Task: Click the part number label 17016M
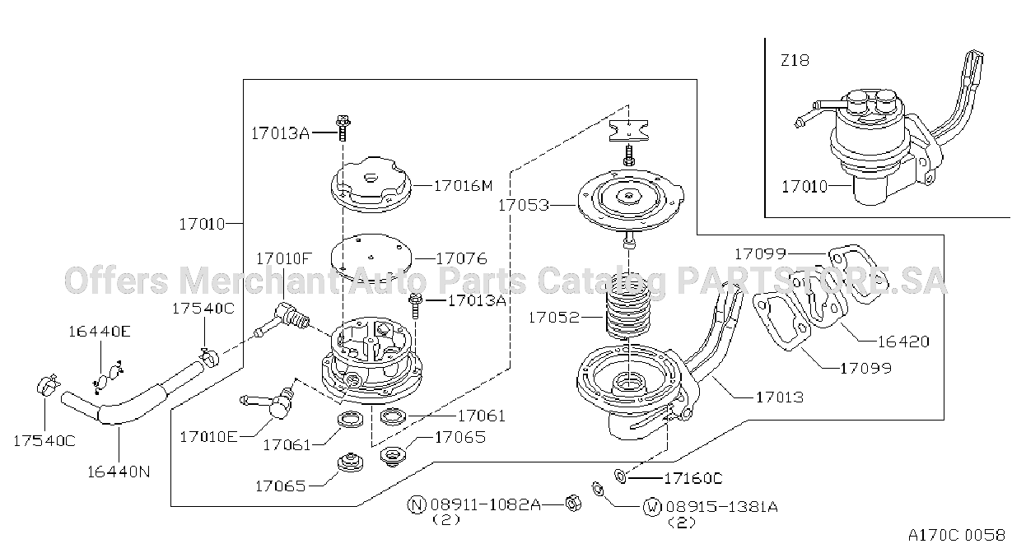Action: (x=463, y=185)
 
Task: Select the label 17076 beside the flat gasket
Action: (x=461, y=258)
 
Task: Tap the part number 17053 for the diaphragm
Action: (x=524, y=206)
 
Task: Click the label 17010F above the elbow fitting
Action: (x=284, y=258)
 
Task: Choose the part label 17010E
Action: (x=208, y=437)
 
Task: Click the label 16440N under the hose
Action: (x=119, y=472)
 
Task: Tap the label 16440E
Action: (x=100, y=332)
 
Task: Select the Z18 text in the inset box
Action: (x=795, y=61)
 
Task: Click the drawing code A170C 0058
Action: (x=957, y=536)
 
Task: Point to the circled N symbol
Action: (x=417, y=504)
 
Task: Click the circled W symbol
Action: (x=652, y=507)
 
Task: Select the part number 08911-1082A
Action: (x=485, y=504)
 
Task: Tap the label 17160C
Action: (x=693, y=478)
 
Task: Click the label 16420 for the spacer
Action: (x=903, y=342)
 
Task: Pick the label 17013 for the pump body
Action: (x=780, y=397)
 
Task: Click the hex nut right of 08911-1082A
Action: (x=573, y=504)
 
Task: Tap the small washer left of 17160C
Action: (x=620, y=476)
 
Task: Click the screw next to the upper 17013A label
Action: (x=343, y=128)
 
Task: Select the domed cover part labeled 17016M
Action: (x=371, y=184)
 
